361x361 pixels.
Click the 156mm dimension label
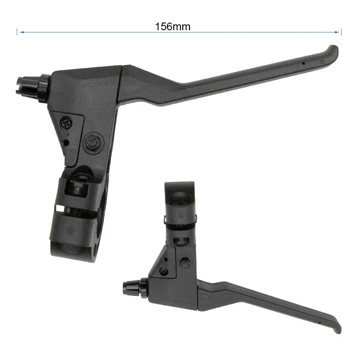point(173,27)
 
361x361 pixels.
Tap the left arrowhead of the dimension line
point(22,32)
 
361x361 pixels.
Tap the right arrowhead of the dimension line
point(337,32)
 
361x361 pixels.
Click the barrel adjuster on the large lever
point(33,88)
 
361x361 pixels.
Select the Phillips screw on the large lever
point(67,124)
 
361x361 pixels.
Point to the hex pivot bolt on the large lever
point(92,143)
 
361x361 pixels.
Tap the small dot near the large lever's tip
point(303,63)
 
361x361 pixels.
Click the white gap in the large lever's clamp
point(60,208)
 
